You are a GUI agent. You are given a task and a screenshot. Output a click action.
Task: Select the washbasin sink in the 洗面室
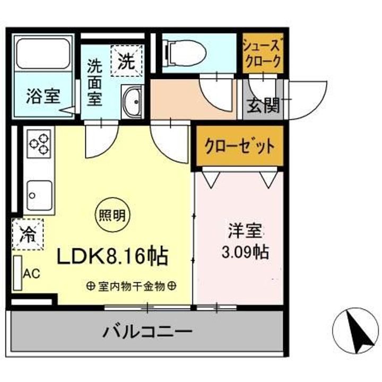[132, 101]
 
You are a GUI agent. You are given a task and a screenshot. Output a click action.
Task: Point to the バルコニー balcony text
[147, 333]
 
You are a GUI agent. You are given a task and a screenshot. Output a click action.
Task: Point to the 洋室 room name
[246, 231]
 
